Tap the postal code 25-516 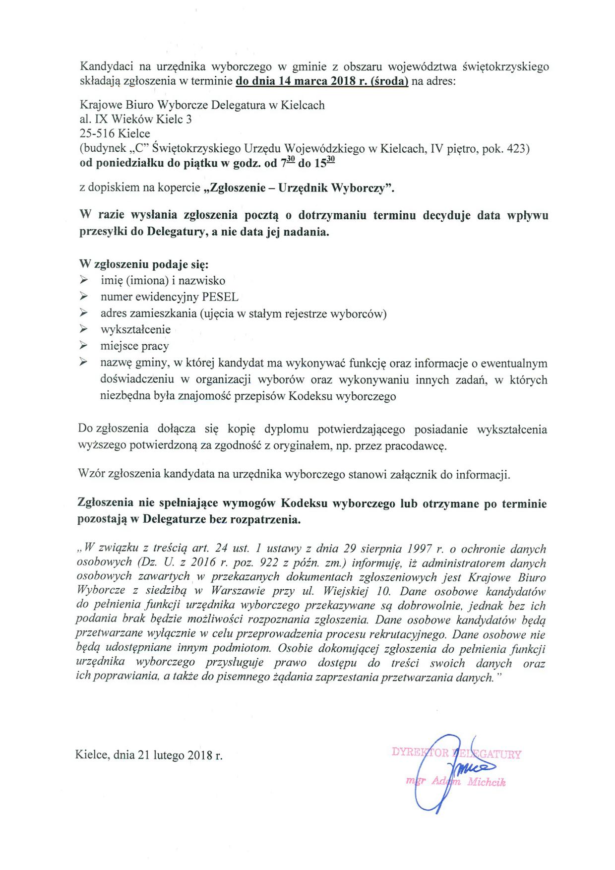tap(97, 134)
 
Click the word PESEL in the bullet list tap(220, 297)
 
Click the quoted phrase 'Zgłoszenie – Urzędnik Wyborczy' tap(299, 188)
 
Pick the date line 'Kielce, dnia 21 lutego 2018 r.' tap(149, 756)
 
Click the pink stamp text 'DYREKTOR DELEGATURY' tap(456, 753)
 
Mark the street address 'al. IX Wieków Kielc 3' tap(135, 120)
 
